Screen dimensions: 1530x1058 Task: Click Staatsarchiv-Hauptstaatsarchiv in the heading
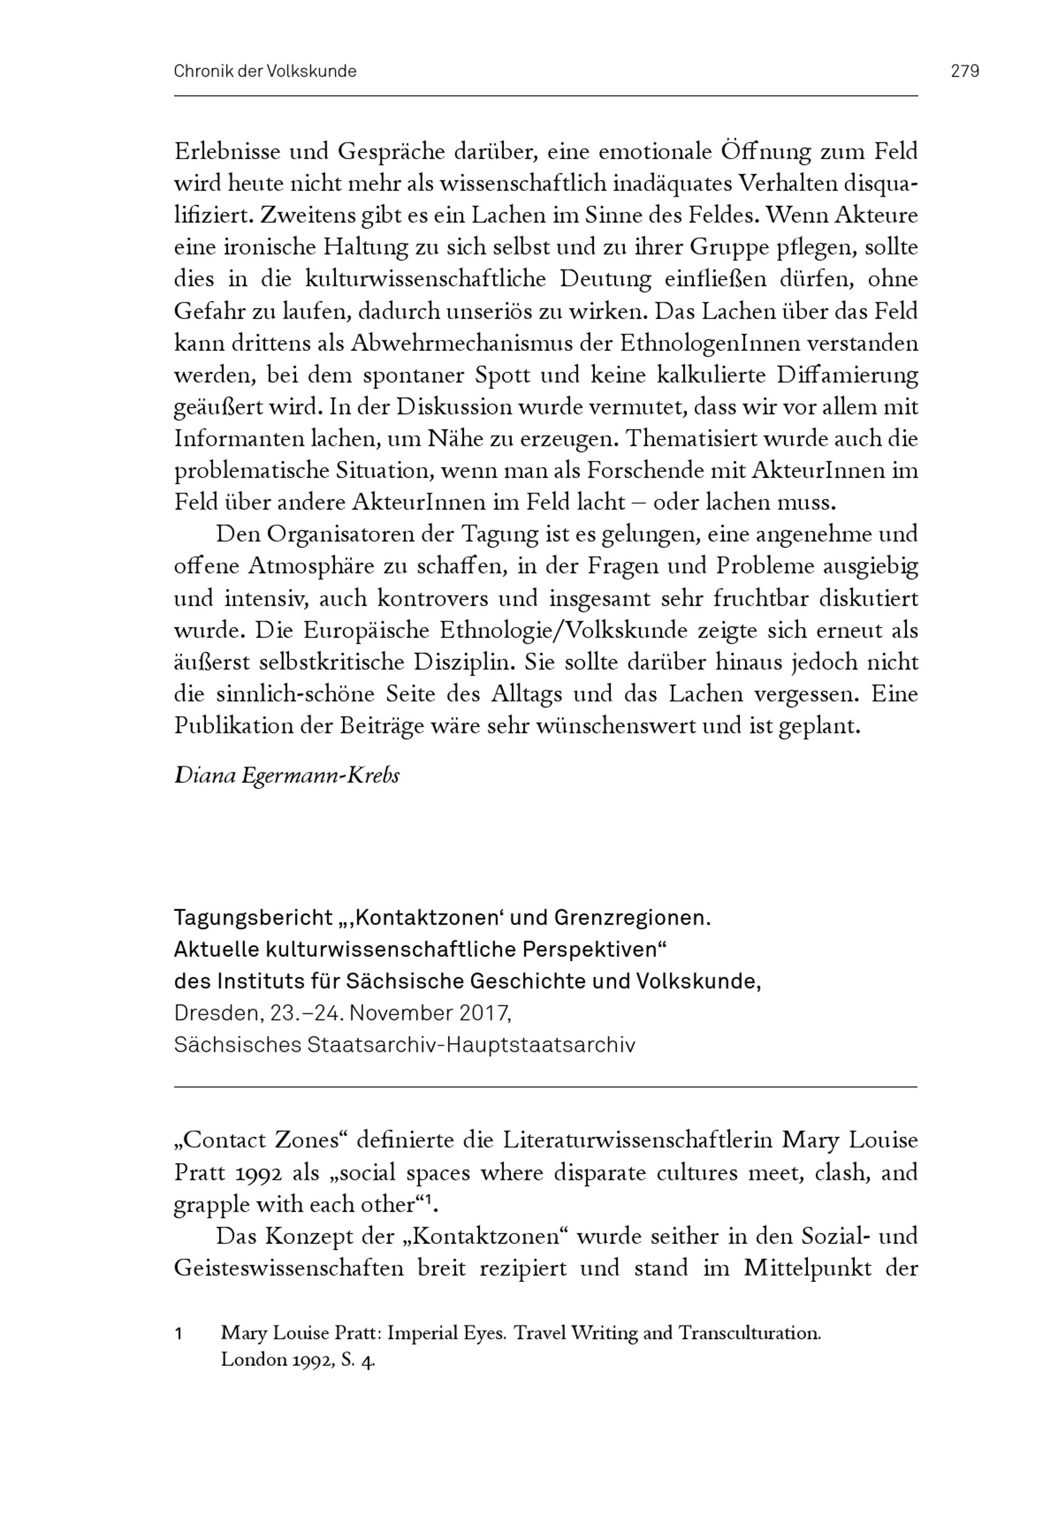[x=471, y=1045]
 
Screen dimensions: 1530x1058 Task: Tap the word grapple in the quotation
[x=209, y=1205]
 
